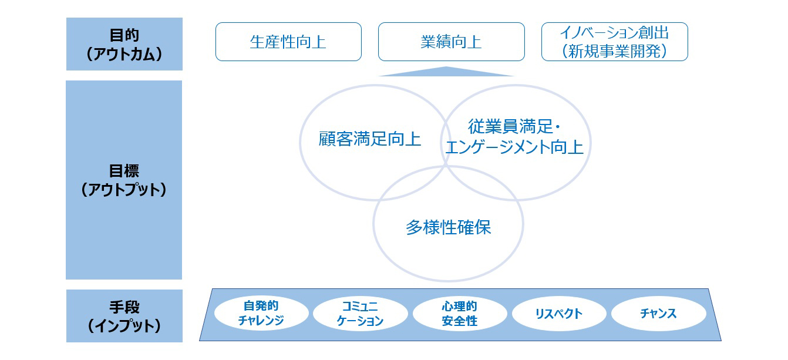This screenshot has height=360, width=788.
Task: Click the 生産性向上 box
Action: click(288, 42)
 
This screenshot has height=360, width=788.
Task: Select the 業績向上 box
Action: click(452, 42)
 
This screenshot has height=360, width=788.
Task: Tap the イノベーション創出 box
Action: click(615, 42)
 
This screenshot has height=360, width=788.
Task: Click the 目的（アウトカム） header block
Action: click(124, 44)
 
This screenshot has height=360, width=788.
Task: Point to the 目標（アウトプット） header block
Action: click(124, 180)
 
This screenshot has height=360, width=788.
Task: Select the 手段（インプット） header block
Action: click(124, 315)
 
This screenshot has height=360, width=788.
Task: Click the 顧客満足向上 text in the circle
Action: click(370, 139)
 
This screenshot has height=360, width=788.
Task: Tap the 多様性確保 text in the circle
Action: click(448, 227)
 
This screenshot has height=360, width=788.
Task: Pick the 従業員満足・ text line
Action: click(514, 127)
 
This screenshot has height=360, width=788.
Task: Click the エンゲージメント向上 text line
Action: click(514, 147)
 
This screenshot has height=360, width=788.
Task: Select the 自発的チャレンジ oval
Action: click(261, 313)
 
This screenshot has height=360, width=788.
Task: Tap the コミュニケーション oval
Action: click(360, 313)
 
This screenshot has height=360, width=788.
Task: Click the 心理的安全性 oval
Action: click(460, 313)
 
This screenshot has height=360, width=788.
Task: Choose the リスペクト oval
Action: click(559, 313)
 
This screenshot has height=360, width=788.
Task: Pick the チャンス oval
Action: click(659, 313)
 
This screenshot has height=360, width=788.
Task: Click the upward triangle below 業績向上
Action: click(446, 72)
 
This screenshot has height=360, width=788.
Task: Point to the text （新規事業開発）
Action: click(615, 51)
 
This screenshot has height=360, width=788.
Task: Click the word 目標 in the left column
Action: click(124, 171)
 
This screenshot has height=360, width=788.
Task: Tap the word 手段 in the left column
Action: click(124, 307)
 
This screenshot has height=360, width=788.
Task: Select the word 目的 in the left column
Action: click(124, 35)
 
